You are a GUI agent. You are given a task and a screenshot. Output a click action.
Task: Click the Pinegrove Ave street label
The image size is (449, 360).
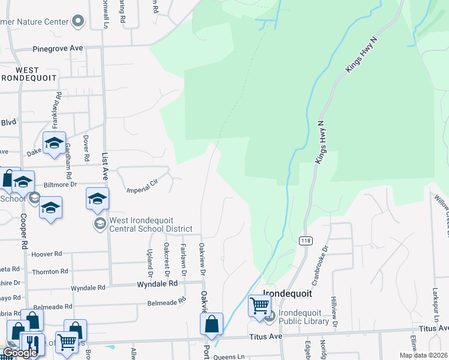[58, 48]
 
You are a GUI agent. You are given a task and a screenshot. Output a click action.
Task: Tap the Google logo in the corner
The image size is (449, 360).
[20, 353]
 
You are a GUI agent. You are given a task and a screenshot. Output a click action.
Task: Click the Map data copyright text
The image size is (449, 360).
[424, 355]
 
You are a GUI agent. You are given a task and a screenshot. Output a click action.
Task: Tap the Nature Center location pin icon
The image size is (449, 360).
[77, 22]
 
